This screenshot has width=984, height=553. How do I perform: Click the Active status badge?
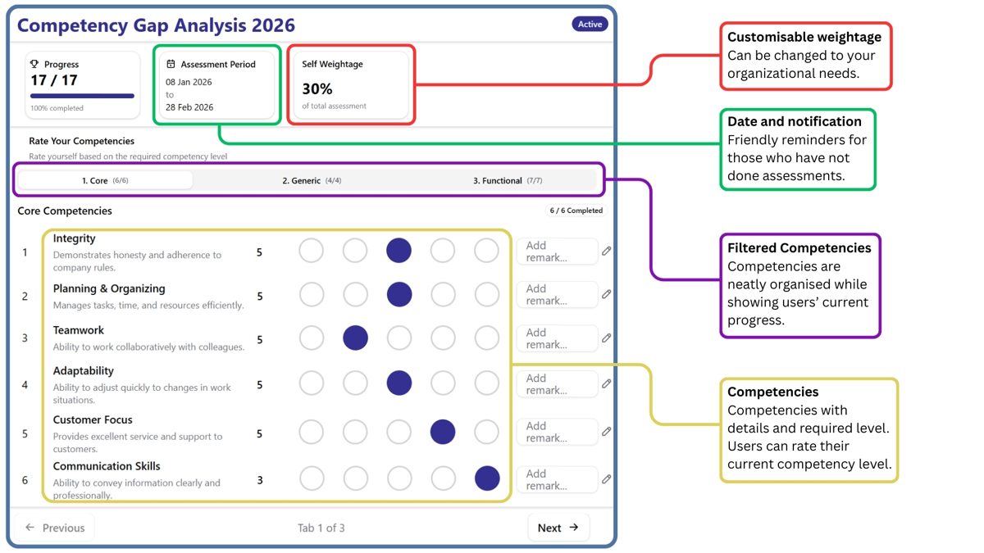pos(590,24)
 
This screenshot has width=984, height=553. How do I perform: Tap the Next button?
pos(558,528)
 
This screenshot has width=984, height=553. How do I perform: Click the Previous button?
pos(54,528)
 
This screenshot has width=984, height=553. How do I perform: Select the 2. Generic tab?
pos(312,180)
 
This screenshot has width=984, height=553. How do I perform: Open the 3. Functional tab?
pos(508,180)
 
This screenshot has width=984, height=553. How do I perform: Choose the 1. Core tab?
pos(105,180)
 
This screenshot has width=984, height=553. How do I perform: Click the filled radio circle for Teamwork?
pos(355,338)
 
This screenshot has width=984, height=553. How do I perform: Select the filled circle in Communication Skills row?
pos(487,478)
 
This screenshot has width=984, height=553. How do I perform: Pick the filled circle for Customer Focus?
pos(443,432)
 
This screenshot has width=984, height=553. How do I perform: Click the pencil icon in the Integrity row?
pos(606,251)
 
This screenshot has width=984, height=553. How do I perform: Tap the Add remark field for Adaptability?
pos(557,384)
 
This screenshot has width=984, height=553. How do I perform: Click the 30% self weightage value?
pos(317,89)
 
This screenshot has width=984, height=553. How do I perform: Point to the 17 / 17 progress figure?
pos(54,80)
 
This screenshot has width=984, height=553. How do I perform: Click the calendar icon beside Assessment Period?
pos(171,64)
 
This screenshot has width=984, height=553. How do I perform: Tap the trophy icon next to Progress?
pos(34,64)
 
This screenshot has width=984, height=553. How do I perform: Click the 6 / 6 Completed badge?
pos(576,211)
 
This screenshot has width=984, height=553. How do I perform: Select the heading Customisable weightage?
pos(804,37)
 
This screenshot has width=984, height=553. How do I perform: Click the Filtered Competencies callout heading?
pos(799,248)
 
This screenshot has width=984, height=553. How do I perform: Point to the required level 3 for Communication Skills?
pos(260,480)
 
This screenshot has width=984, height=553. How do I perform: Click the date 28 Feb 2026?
pos(189,107)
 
